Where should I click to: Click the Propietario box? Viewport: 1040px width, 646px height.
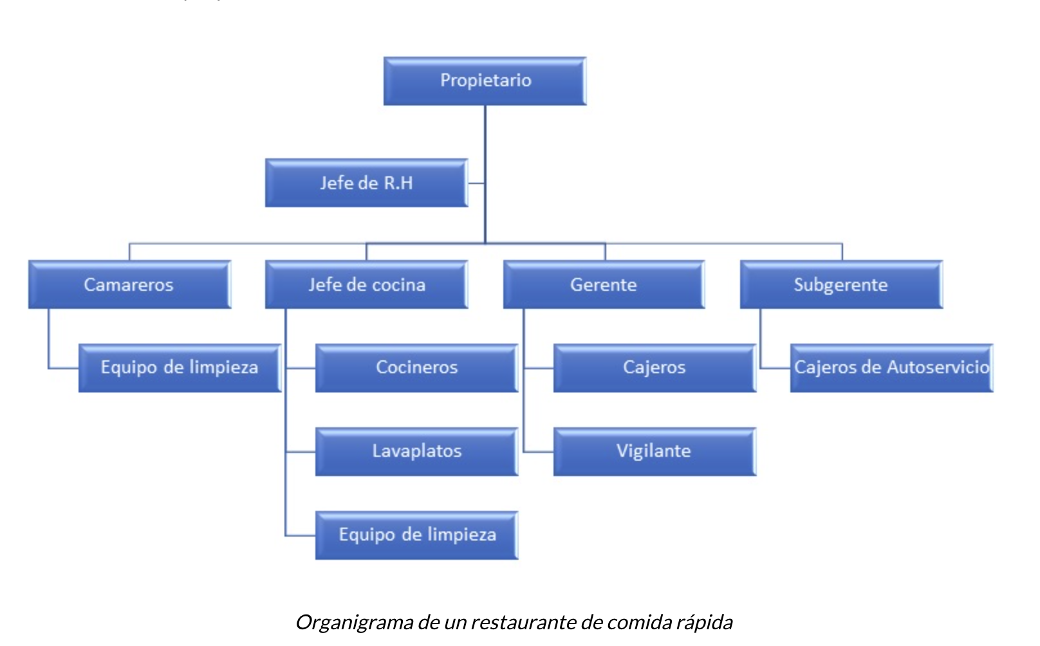[485, 81]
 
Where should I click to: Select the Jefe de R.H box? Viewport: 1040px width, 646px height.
[366, 183]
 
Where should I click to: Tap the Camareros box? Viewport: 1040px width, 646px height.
[129, 284]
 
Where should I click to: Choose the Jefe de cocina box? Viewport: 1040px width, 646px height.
[366, 284]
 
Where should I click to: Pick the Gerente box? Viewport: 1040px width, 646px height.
[604, 284]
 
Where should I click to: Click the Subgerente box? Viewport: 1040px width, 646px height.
[840, 284]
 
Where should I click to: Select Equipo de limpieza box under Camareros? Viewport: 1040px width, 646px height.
[180, 368]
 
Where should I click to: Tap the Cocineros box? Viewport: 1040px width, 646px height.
[416, 368]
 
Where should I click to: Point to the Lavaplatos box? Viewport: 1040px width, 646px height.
[416, 452]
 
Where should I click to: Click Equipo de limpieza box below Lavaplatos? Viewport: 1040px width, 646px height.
[416, 535]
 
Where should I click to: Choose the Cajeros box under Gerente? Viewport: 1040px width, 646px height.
[654, 368]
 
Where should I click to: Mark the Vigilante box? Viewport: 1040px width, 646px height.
[654, 452]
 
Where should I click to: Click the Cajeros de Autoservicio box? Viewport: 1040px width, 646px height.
[891, 368]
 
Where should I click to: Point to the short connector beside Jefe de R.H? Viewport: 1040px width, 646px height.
[476, 183]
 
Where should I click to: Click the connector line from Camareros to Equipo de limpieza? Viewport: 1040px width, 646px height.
[49, 341]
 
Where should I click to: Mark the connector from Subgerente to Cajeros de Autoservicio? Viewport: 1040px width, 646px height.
[760, 341]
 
